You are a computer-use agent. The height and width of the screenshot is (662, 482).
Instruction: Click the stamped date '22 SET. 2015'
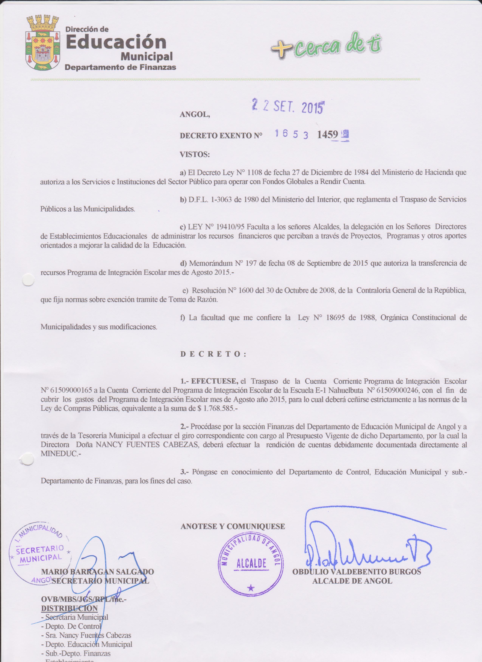(x=288, y=108)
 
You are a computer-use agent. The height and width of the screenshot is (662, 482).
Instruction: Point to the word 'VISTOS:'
(x=195, y=155)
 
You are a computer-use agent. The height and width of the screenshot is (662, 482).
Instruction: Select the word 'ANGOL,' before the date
(x=195, y=115)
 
